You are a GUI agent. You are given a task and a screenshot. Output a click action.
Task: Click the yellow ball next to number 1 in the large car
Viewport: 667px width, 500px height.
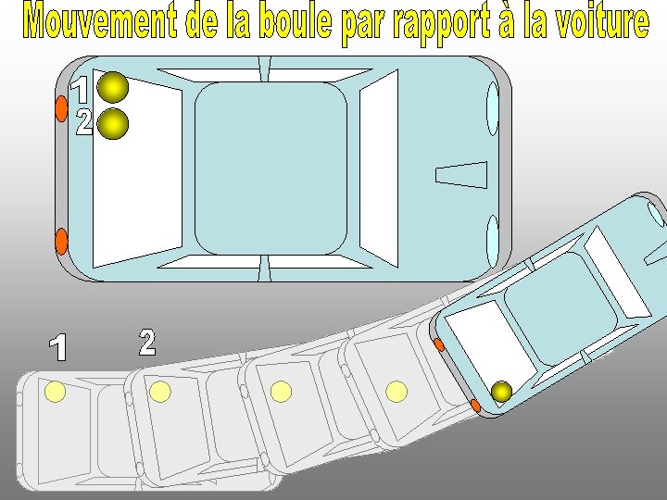coord(113,88)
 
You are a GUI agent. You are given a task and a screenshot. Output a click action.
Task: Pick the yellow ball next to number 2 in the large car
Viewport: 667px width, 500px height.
coord(113,124)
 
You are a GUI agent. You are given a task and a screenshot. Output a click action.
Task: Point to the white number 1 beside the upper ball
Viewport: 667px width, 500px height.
coord(81,90)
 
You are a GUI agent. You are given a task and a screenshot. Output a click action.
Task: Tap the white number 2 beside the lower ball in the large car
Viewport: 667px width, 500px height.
coord(84,122)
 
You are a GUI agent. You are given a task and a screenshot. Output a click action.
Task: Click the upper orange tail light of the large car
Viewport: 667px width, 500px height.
coord(62,108)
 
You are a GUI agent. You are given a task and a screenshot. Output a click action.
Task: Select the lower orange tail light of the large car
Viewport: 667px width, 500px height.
coord(62,242)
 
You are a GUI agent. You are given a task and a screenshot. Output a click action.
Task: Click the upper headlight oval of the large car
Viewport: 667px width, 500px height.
coord(493,108)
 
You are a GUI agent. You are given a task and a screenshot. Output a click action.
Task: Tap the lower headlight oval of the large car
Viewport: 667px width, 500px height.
coord(493,242)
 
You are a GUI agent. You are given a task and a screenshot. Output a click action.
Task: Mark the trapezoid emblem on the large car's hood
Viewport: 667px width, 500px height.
coord(461,175)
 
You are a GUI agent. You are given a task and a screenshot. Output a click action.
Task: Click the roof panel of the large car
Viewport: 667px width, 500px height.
coord(271,169)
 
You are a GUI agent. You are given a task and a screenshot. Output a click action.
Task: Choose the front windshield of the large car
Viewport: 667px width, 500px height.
coord(379,169)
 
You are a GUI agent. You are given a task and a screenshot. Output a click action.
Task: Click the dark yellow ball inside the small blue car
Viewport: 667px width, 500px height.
coord(501,392)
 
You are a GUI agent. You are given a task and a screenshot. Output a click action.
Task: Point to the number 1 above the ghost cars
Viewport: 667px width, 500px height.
coord(58,347)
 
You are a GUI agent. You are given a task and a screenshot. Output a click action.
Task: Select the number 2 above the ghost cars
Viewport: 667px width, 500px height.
coord(147,342)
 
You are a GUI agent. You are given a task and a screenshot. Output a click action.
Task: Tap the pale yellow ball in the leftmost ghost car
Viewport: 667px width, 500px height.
coord(55,392)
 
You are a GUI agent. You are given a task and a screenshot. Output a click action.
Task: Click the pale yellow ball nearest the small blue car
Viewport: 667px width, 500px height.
coord(396,392)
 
